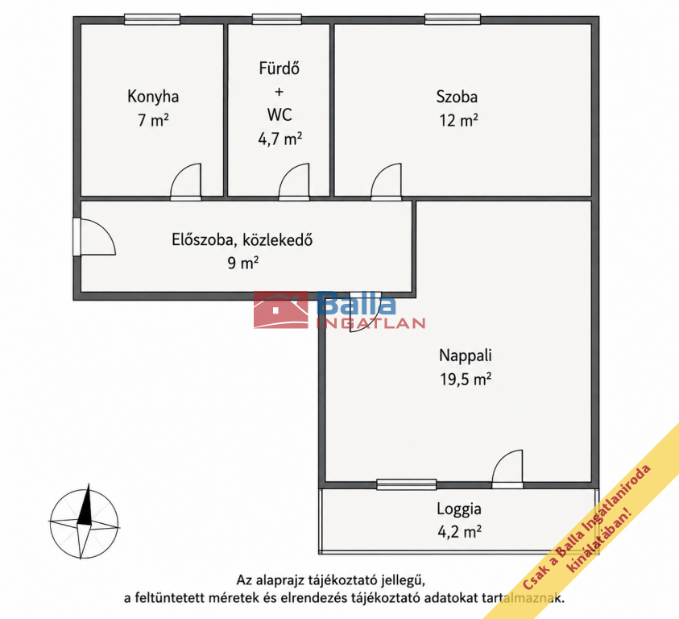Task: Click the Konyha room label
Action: click(x=153, y=97)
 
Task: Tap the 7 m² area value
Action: click(x=153, y=120)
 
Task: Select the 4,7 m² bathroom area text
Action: click(x=279, y=139)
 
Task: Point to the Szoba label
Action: click(x=457, y=97)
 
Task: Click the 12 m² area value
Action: click(x=458, y=120)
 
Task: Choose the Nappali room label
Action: click(x=466, y=355)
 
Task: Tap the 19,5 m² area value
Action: click(x=466, y=380)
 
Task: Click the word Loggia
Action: click(x=459, y=509)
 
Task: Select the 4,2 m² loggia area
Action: click(x=459, y=531)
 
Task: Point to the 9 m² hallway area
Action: click(x=243, y=263)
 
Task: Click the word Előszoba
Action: click(x=204, y=239)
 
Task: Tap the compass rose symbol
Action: click(x=84, y=522)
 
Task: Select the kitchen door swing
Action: click(x=186, y=181)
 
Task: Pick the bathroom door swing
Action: click(x=294, y=181)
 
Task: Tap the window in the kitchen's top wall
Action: click(x=152, y=19)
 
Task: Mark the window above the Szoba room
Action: click(x=453, y=19)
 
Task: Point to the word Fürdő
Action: click(x=279, y=68)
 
